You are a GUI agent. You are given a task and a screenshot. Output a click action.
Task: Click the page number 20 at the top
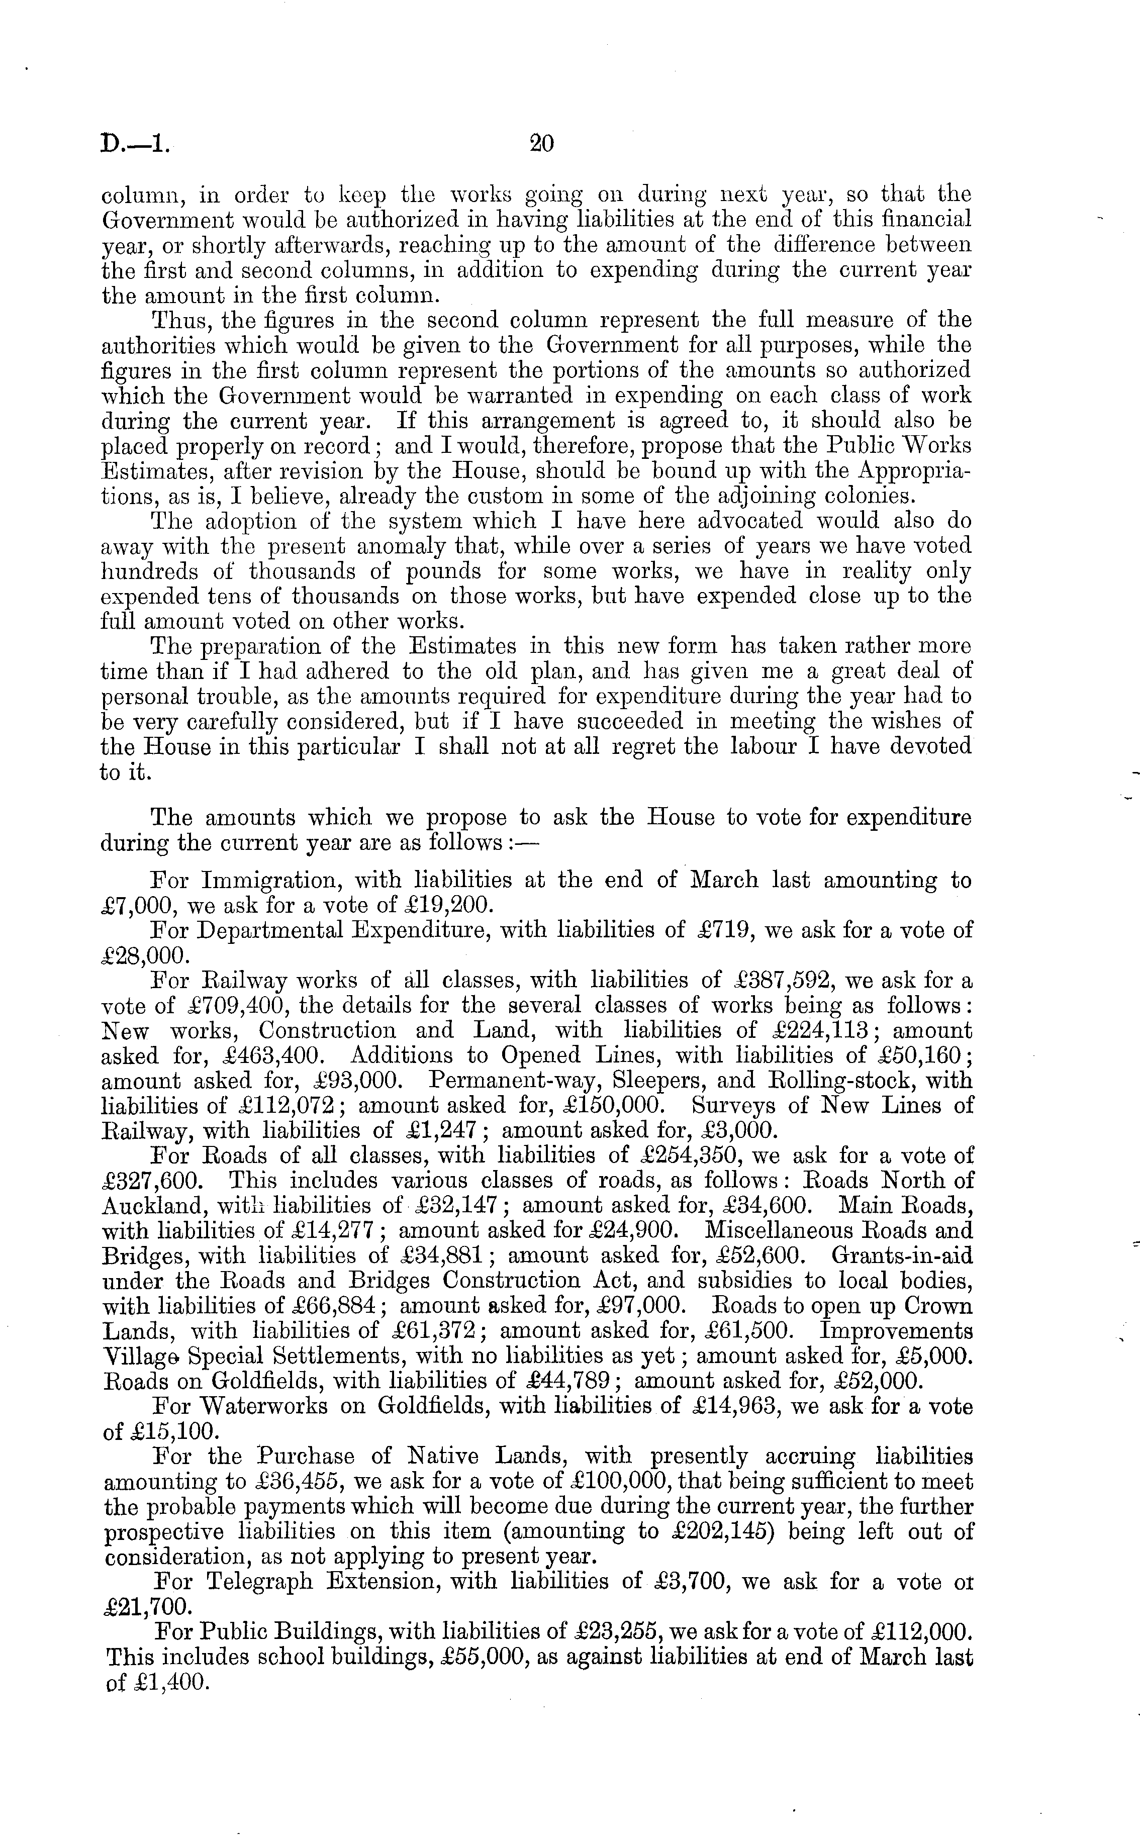pos(541,143)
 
